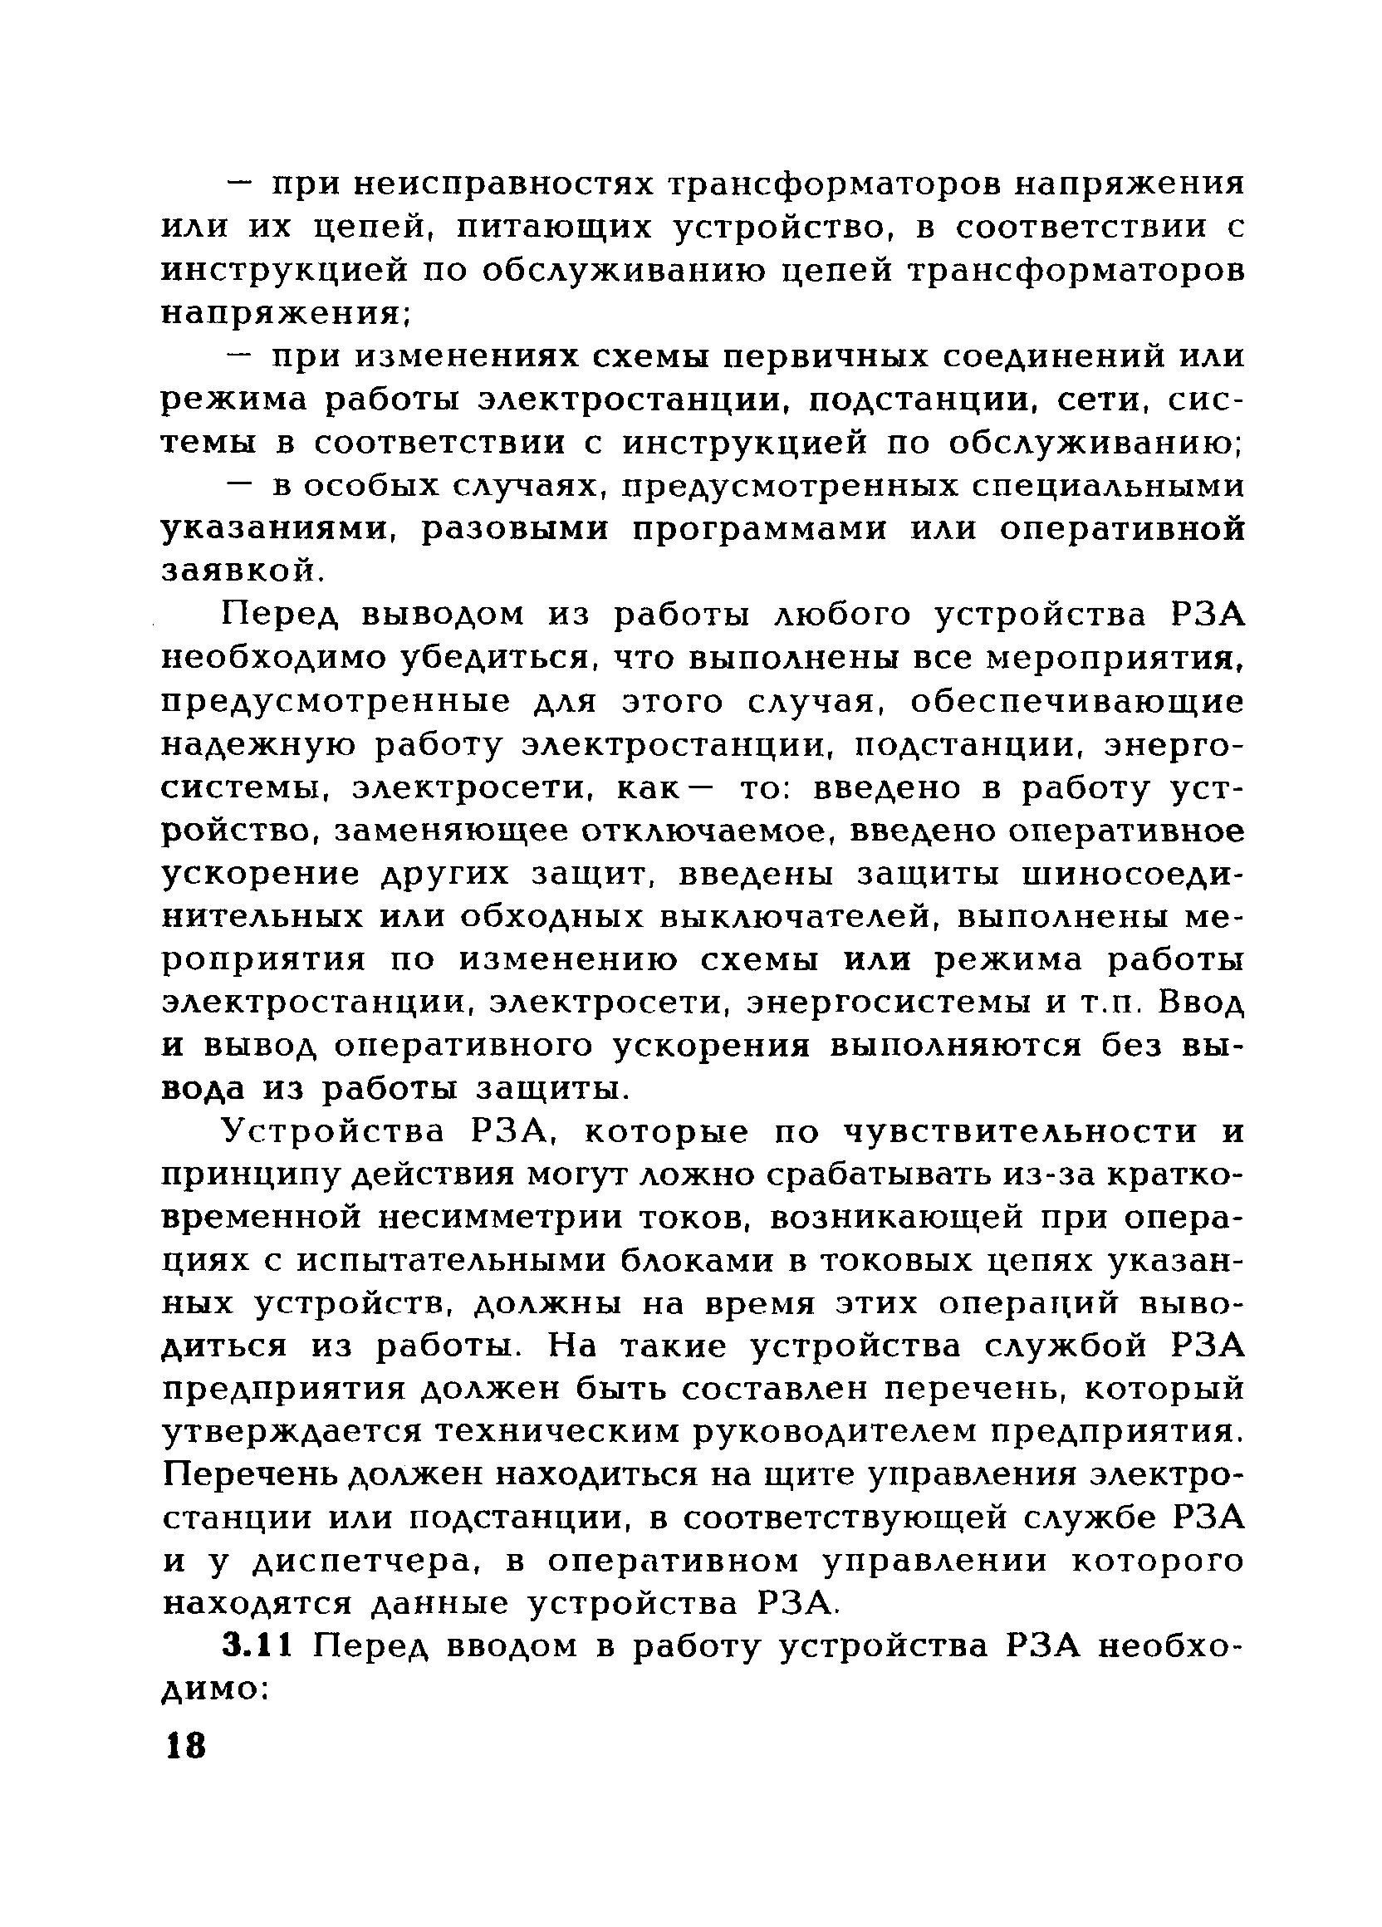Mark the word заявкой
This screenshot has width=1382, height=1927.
[241, 571]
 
